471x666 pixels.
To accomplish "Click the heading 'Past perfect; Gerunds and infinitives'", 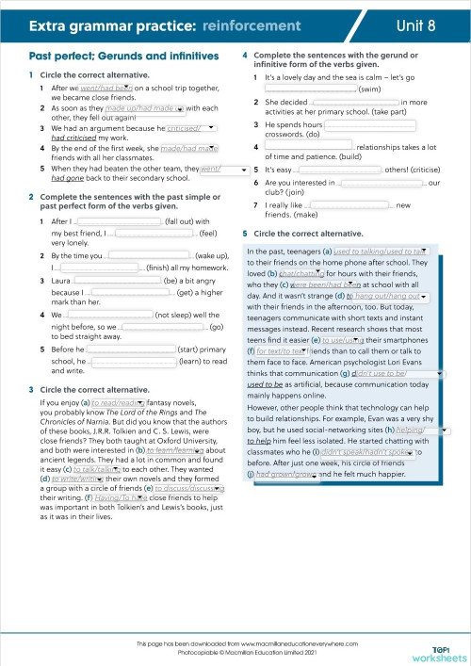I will pos(119,57).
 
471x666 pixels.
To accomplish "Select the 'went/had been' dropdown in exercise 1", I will pos(106,87).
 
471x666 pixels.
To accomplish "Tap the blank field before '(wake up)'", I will pos(150,255).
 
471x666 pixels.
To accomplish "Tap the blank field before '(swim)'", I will pos(310,89).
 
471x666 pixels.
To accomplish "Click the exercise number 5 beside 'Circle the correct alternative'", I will pos(245,233).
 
